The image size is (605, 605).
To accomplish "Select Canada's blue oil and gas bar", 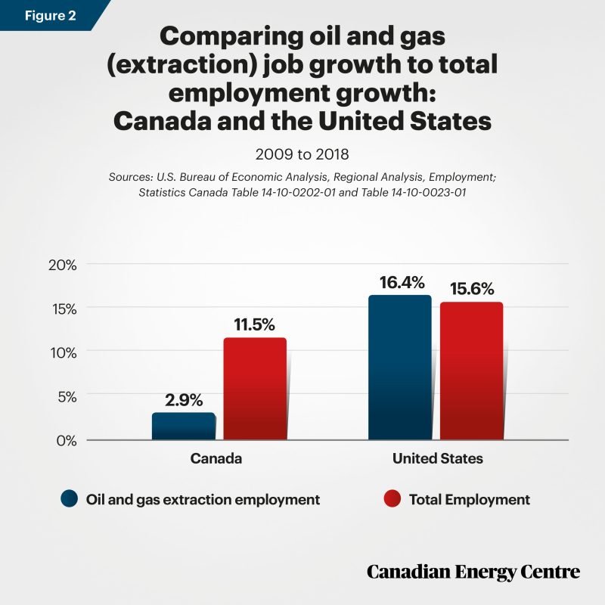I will tap(183, 426).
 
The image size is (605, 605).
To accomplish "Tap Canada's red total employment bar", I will tap(255, 388).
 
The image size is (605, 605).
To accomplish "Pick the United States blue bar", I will tap(399, 367).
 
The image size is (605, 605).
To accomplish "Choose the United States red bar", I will tap(471, 371).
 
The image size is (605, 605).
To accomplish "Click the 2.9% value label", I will tap(183, 399).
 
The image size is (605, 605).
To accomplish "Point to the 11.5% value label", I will tap(256, 324).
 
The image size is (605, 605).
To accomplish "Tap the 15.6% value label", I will tap(471, 288).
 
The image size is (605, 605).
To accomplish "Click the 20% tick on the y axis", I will tap(63, 265).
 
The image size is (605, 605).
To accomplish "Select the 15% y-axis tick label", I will tap(63, 309).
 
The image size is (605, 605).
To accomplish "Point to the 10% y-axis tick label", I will tap(63, 352).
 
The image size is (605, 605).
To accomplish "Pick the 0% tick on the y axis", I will tap(67, 439).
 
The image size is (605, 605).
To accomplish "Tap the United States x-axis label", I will tap(437, 459).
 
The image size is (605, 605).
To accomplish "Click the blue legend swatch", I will tap(70, 499).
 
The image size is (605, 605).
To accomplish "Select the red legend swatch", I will tap(392, 499).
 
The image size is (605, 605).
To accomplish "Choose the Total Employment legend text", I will tap(469, 500).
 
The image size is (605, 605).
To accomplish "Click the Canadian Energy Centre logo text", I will tap(473, 572).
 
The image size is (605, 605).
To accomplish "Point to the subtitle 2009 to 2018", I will tap(302, 155).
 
